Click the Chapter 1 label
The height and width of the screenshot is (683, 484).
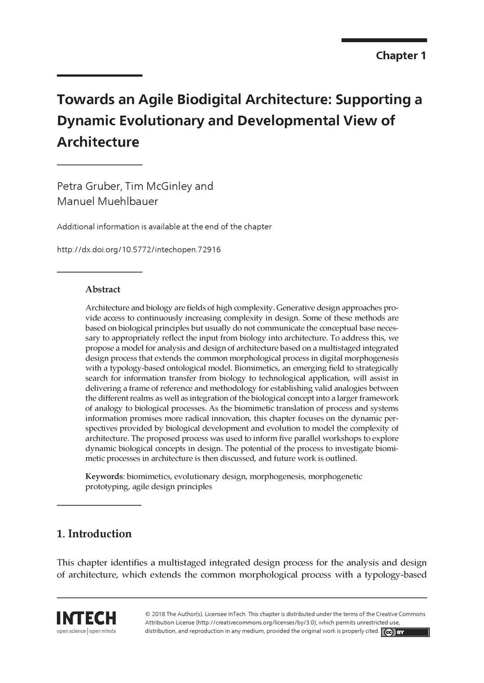[400, 55]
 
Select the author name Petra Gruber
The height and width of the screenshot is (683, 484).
[89, 186]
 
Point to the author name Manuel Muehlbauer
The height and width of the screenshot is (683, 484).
[107, 201]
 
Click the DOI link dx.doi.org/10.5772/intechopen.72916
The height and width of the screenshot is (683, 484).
[139, 249]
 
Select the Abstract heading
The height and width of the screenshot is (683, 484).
[102, 289]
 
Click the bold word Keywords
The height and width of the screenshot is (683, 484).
[104, 476]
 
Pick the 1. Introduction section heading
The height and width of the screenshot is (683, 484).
[94, 534]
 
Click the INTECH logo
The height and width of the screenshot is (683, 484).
[86, 618]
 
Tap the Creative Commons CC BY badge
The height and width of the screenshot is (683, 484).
[405, 632]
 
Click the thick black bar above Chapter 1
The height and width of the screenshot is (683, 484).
[384, 40]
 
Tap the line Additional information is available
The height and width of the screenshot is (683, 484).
[164, 227]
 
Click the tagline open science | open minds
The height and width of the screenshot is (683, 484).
[86, 631]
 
